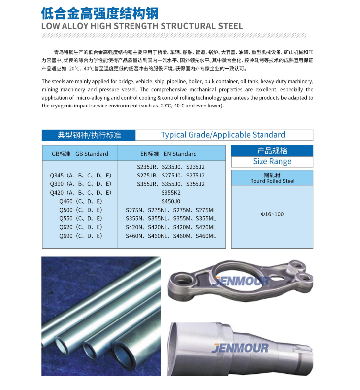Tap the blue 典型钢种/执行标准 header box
pyautogui.click(x=89, y=135)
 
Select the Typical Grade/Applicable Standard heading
pyautogui.click(x=223, y=135)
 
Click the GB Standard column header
pyautogui.click(x=80, y=154)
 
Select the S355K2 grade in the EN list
pyautogui.click(x=171, y=192)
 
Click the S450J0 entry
pyautogui.click(x=171, y=201)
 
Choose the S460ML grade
pyautogui.click(x=206, y=236)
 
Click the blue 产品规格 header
pyautogui.click(x=272, y=151)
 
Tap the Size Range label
pyautogui.click(x=272, y=161)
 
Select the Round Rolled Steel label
pyautogui.click(x=272, y=181)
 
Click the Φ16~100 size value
pyautogui.click(x=272, y=214)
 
